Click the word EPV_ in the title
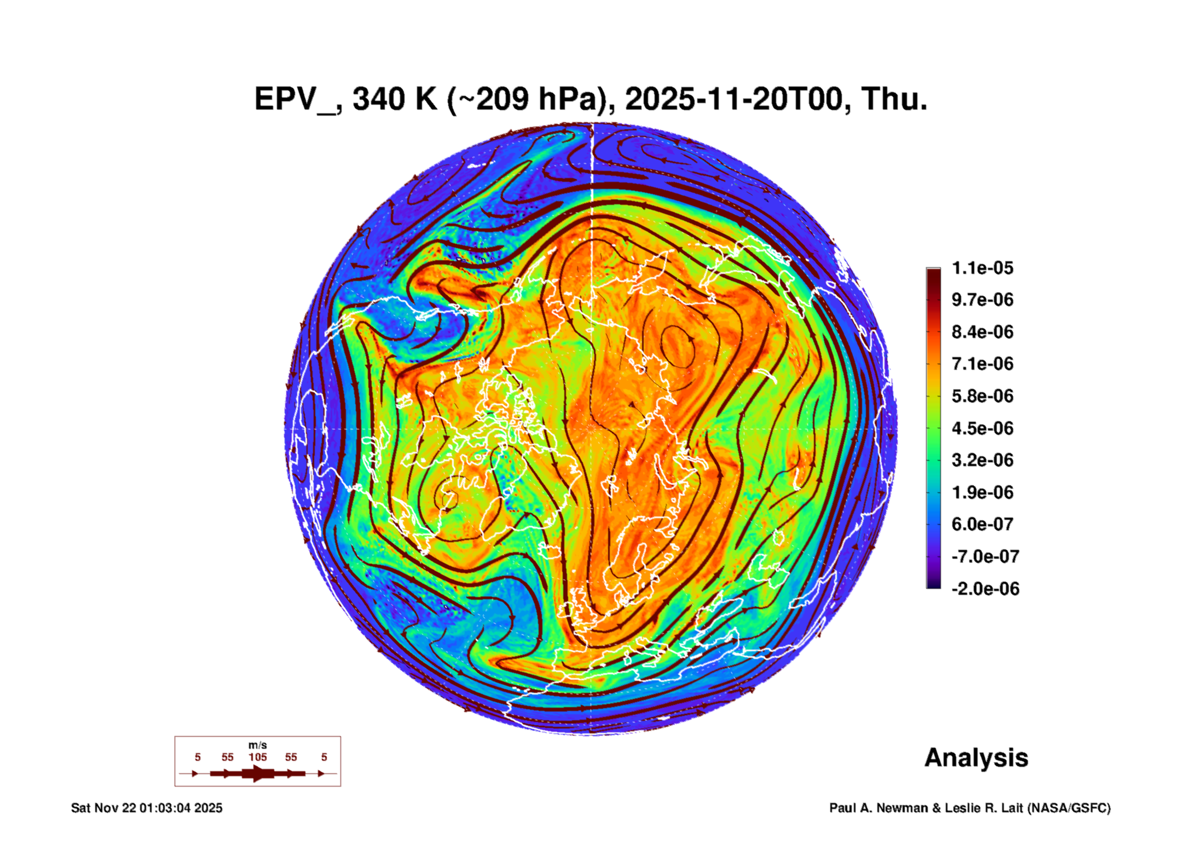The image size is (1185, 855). coord(296,100)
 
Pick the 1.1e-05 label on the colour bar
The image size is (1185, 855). coord(982,268)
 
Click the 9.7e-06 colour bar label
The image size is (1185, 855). coord(982,300)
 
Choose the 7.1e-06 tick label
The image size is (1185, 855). coord(982,364)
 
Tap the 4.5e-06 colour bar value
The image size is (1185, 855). coord(982,428)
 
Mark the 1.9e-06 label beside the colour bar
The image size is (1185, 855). coord(982,492)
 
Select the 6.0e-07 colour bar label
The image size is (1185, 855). coord(982,524)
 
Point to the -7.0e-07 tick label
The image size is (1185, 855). coord(985,556)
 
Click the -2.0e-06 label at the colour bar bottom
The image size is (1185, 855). coord(985,589)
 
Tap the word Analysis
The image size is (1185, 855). coord(976,758)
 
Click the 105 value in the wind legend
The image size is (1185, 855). coord(258,757)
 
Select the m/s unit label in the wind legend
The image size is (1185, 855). coord(258,745)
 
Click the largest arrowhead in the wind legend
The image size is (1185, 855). coord(258,773)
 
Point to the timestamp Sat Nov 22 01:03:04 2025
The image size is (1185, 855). coord(147,808)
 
